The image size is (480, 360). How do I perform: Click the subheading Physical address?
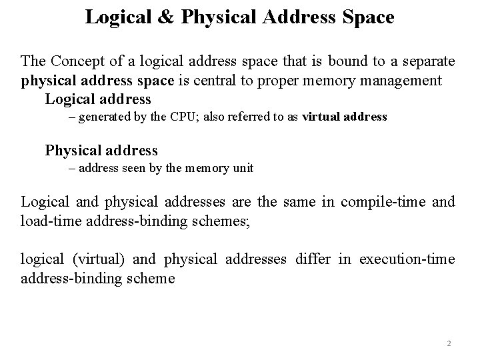point(101,150)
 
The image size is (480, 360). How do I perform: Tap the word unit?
point(243,168)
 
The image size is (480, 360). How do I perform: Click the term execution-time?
point(407,259)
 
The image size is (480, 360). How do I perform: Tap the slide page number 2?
point(449,344)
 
